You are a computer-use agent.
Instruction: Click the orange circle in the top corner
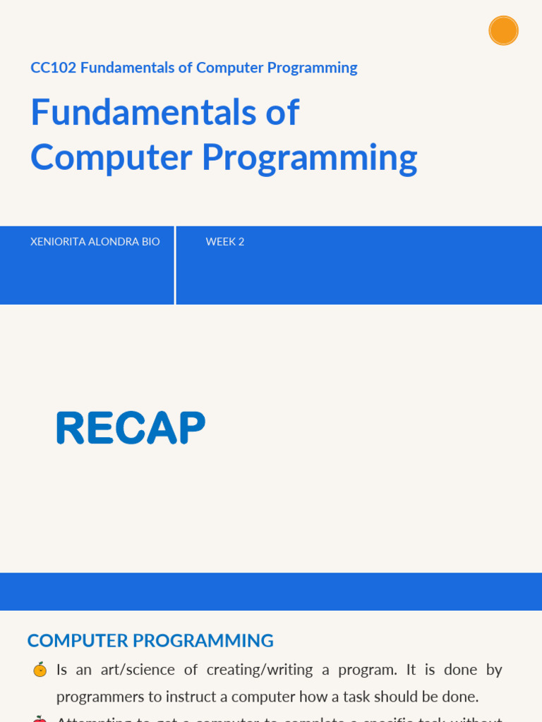(503, 30)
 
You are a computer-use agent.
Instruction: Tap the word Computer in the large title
(111, 157)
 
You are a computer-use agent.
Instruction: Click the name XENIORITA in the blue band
(58, 242)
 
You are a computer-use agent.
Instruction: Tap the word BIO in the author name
(151, 242)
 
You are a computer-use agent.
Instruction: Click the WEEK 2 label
(225, 242)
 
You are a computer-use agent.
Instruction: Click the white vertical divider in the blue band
(175, 265)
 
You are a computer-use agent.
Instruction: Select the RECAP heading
(131, 428)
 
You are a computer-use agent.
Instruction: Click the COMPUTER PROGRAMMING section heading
(150, 641)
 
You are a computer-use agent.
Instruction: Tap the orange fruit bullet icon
(40, 670)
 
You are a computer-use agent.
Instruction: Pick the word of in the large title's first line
(285, 113)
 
